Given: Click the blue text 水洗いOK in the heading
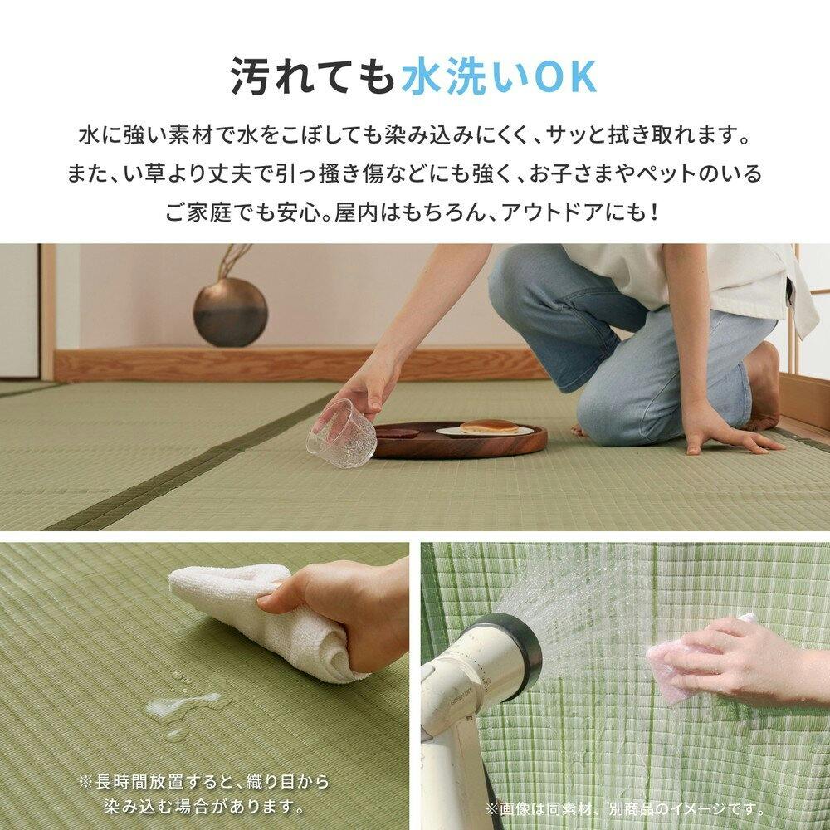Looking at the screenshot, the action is (x=499, y=78).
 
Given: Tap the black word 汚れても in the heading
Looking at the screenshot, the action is (x=314, y=78).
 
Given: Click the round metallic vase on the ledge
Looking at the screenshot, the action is (x=230, y=313).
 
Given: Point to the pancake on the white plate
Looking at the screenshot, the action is (x=488, y=427).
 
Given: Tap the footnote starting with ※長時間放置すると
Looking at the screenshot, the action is (x=204, y=794).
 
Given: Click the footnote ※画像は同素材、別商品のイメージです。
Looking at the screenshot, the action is (x=626, y=808).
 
